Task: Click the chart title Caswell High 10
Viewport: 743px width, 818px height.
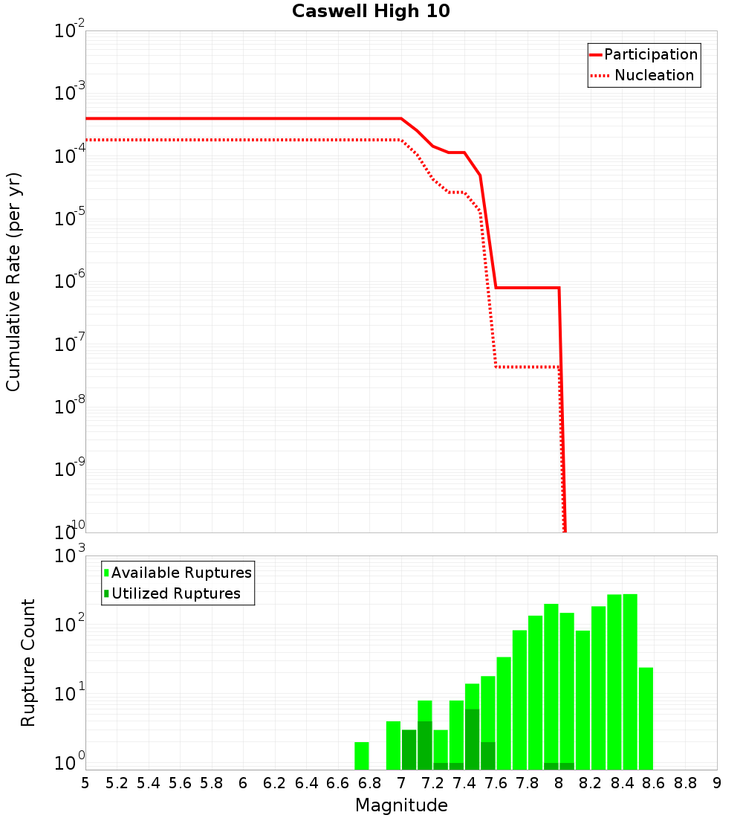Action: [371, 11]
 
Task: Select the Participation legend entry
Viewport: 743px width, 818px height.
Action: [650, 55]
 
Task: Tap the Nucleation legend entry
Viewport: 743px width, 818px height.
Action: [653, 76]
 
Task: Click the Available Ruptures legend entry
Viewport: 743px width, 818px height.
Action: [181, 573]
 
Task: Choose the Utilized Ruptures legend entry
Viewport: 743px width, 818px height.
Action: [175, 593]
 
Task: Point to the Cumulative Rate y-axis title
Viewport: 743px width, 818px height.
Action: [13, 281]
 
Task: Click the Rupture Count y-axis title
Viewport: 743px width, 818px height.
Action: [28, 662]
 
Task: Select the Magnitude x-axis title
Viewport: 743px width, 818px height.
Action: [401, 805]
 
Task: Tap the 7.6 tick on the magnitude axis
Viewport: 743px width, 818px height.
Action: [496, 783]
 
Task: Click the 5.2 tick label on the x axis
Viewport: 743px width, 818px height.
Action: [117, 783]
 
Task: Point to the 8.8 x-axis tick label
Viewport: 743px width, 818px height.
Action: [685, 783]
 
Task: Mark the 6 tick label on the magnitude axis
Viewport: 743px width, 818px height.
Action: [243, 783]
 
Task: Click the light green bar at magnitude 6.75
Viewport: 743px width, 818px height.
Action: [362, 756]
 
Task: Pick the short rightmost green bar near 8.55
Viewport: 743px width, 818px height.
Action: [646, 718]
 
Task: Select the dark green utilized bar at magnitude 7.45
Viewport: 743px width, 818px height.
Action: [472, 739]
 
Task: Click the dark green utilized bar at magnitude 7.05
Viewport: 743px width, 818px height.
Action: [409, 750]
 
